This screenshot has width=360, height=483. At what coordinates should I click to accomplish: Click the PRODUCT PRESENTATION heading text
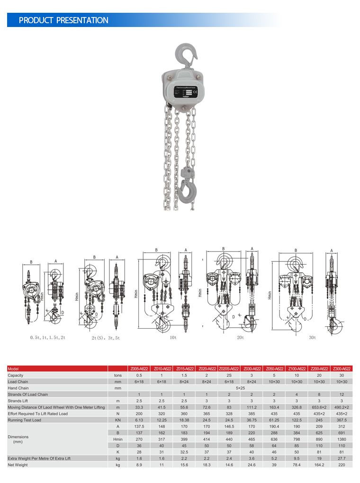(63, 20)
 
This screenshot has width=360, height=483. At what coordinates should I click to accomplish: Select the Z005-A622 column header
(139, 368)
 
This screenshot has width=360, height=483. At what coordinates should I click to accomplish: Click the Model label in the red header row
(13, 368)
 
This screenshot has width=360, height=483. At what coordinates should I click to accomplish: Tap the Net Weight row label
(18, 465)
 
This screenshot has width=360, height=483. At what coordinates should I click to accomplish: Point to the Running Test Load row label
(24, 420)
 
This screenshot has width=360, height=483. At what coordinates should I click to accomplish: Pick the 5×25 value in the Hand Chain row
(240, 388)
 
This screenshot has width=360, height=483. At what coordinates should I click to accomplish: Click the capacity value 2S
(228, 375)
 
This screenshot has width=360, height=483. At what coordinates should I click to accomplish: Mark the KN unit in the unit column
(118, 420)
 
